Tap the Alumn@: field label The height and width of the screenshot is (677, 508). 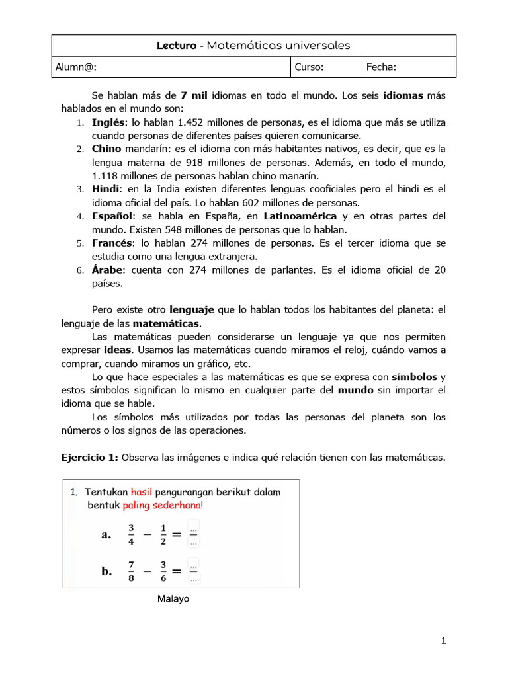pos(79,67)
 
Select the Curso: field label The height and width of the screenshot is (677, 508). pos(309,67)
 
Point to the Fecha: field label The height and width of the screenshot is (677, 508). pos(382,67)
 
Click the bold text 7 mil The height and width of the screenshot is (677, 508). pos(194,95)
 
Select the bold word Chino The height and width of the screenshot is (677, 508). pos(106,149)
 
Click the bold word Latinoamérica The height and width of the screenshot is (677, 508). pos(301,216)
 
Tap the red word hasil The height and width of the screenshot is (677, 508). pos(142,492)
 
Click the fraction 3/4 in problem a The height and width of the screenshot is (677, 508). pos(131,534)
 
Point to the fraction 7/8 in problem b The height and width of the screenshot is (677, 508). pos(131,571)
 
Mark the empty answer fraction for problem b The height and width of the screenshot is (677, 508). pos(193,571)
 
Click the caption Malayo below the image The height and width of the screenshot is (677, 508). pos(173,598)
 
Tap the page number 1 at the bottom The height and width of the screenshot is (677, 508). pos(444,641)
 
